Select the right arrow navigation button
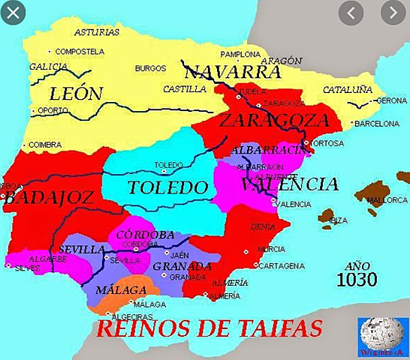coord(392,13)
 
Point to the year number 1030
coord(357,280)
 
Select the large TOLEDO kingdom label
coord(166,187)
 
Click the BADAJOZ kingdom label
coord(47,198)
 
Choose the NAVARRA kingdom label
coord(233,72)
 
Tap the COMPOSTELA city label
coord(79,51)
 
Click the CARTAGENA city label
coord(283,265)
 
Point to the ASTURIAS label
coord(97,32)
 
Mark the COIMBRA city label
coord(44,145)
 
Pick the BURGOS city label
coord(149,69)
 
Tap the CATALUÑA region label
coord(347,88)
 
